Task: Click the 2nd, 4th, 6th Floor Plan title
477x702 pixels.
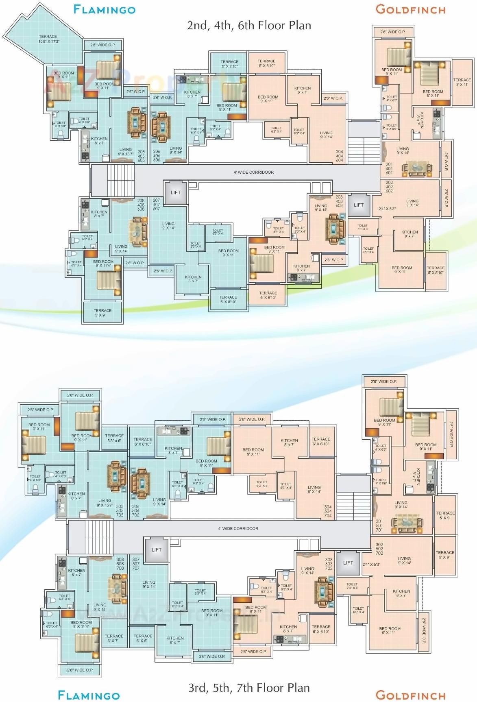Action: (x=249, y=26)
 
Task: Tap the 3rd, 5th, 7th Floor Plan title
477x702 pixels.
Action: (x=249, y=687)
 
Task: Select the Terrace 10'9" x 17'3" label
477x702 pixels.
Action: (x=48, y=39)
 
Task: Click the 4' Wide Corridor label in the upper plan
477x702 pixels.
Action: (x=253, y=172)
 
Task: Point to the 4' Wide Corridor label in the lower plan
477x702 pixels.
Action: (x=238, y=528)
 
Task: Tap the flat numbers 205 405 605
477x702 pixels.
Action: (x=141, y=156)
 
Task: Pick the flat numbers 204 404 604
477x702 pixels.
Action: (x=340, y=156)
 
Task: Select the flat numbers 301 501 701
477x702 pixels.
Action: (x=379, y=525)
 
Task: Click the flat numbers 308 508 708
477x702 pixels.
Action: (x=120, y=564)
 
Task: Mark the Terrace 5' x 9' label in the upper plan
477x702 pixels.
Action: (x=102, y=313)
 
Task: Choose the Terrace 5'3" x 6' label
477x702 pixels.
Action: (x=114, y=438)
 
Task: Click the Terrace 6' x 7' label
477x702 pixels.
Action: (x=114, y=638)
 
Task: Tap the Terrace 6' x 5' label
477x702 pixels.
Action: (x=143, y=638)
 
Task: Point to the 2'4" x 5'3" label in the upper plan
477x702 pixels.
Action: (x=387, y=209)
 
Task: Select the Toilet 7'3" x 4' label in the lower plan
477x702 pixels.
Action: (x=352, y=586)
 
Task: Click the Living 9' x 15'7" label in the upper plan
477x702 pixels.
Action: (x=126, y=152)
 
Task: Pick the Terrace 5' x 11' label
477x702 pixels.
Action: (x=462, y=82)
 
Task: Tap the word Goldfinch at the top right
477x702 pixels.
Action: (x=410, y=10)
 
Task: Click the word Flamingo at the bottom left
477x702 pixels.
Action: (x=89, y=695)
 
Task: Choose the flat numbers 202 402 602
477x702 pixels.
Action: (x=389, y=187)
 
